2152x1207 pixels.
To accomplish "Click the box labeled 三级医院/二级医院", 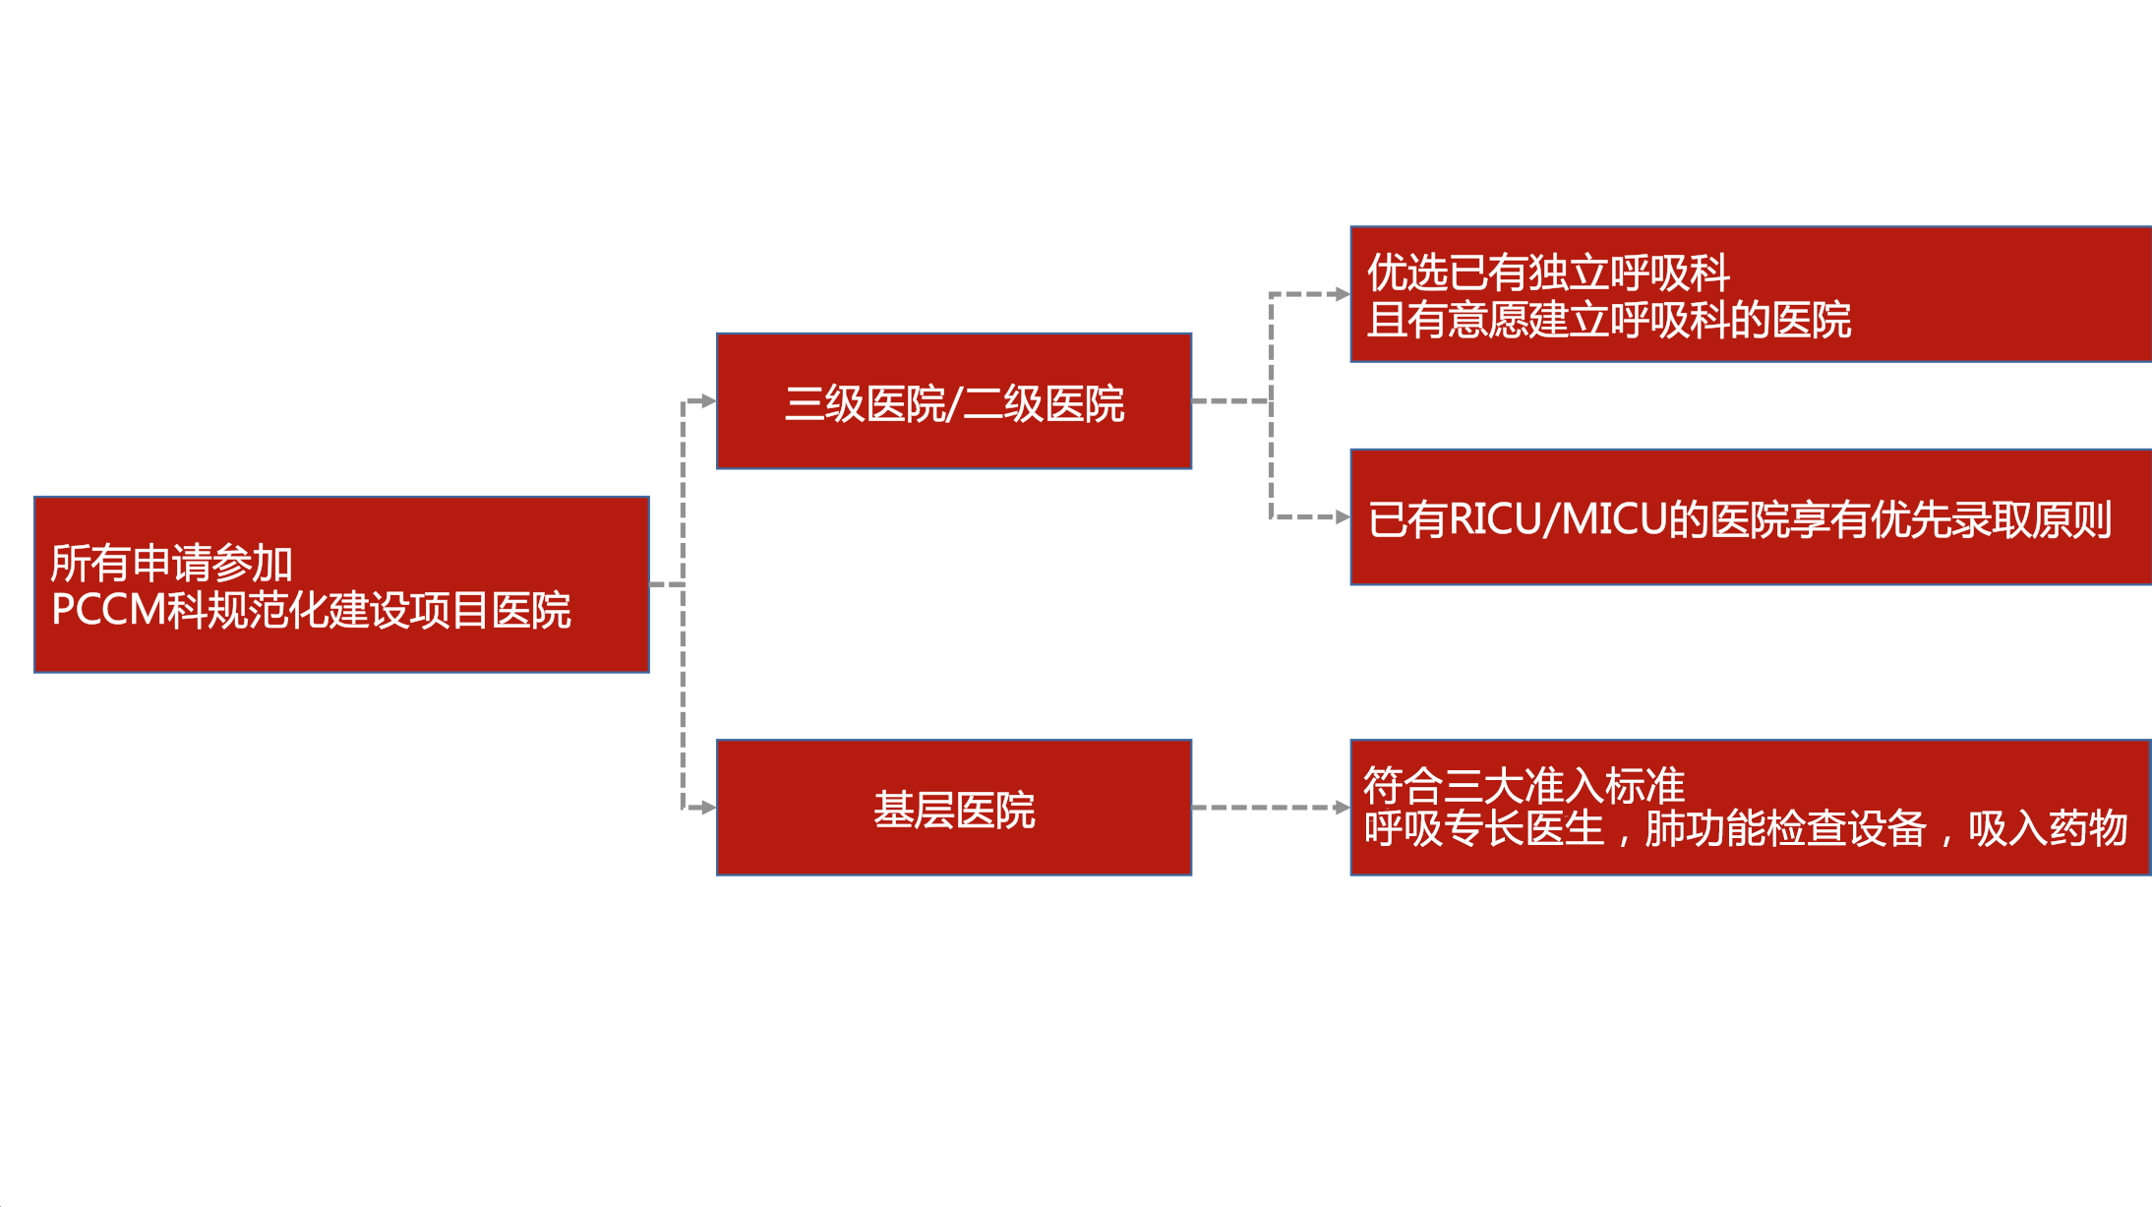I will click(x=953, y=401).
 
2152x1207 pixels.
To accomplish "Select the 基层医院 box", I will click(x=953, y=809).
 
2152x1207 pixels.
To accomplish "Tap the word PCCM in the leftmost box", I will click(x=107, y=610).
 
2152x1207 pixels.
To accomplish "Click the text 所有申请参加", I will click(x=171, y=563).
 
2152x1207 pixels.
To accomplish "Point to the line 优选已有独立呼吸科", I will click(x=1548, y=272).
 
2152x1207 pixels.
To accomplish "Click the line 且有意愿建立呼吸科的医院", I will click(x=1609, y=321).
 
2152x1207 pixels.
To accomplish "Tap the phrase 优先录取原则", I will click(x=1991, y=519).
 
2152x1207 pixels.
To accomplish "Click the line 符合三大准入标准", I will click(x=1524, y=785).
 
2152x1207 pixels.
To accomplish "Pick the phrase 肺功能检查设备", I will click(x=1785, y=828).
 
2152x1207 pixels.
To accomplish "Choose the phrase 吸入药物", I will click(x=2048, y=828).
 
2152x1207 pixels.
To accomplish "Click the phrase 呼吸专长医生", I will click(x=1484, y=828).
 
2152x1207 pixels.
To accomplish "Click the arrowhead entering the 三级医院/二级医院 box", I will click(x=708, y=401).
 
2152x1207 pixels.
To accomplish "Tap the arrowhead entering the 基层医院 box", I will click(x=708, y=809).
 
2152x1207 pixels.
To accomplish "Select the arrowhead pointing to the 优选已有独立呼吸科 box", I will click(x=1343, y=294).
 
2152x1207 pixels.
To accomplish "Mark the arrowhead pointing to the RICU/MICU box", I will click(x=1343, y=517).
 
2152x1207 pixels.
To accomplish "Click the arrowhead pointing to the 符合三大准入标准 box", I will click(x=1343, y=808).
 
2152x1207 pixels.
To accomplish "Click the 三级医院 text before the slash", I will click(x=865, y=404).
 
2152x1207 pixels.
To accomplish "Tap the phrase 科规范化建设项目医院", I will click(x=369, y=610).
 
